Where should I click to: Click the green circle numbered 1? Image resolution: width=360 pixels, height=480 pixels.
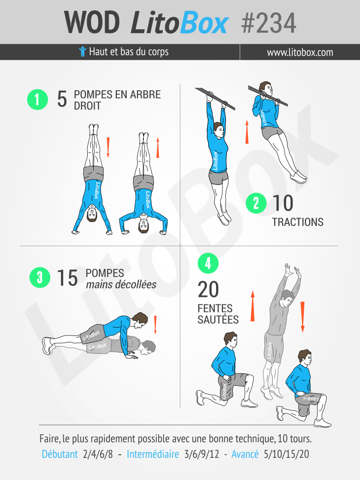(37, 100)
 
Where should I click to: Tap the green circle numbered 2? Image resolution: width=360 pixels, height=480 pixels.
(256, 203)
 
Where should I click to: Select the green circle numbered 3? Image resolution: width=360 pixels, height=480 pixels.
(40, 277)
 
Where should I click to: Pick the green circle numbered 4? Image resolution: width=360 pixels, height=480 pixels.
(208, 263)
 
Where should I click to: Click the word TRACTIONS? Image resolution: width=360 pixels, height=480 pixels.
(298, 222)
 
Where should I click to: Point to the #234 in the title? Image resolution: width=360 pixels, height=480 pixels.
(268, 23)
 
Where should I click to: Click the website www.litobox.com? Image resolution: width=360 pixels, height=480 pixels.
(300, 52)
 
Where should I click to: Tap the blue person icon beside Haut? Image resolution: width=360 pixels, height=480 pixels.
(82, 51)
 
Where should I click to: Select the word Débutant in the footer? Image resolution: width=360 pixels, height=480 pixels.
(60, 454)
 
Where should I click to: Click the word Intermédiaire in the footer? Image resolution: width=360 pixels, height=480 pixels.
(153, 454)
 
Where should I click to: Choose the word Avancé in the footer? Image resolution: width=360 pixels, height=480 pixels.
(245, 454)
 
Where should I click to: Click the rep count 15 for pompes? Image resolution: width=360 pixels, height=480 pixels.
(67, 278)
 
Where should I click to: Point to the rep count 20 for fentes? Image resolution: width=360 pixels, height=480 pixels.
(208, 289)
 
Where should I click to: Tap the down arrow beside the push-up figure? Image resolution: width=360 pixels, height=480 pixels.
(155, 325)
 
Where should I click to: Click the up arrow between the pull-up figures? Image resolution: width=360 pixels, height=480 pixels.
(247, 132)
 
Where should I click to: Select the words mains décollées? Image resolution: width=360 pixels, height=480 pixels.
(121, 285)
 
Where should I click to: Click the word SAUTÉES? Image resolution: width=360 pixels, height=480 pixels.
(218, 320)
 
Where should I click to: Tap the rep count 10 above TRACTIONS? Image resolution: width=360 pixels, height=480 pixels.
(283, 203)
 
